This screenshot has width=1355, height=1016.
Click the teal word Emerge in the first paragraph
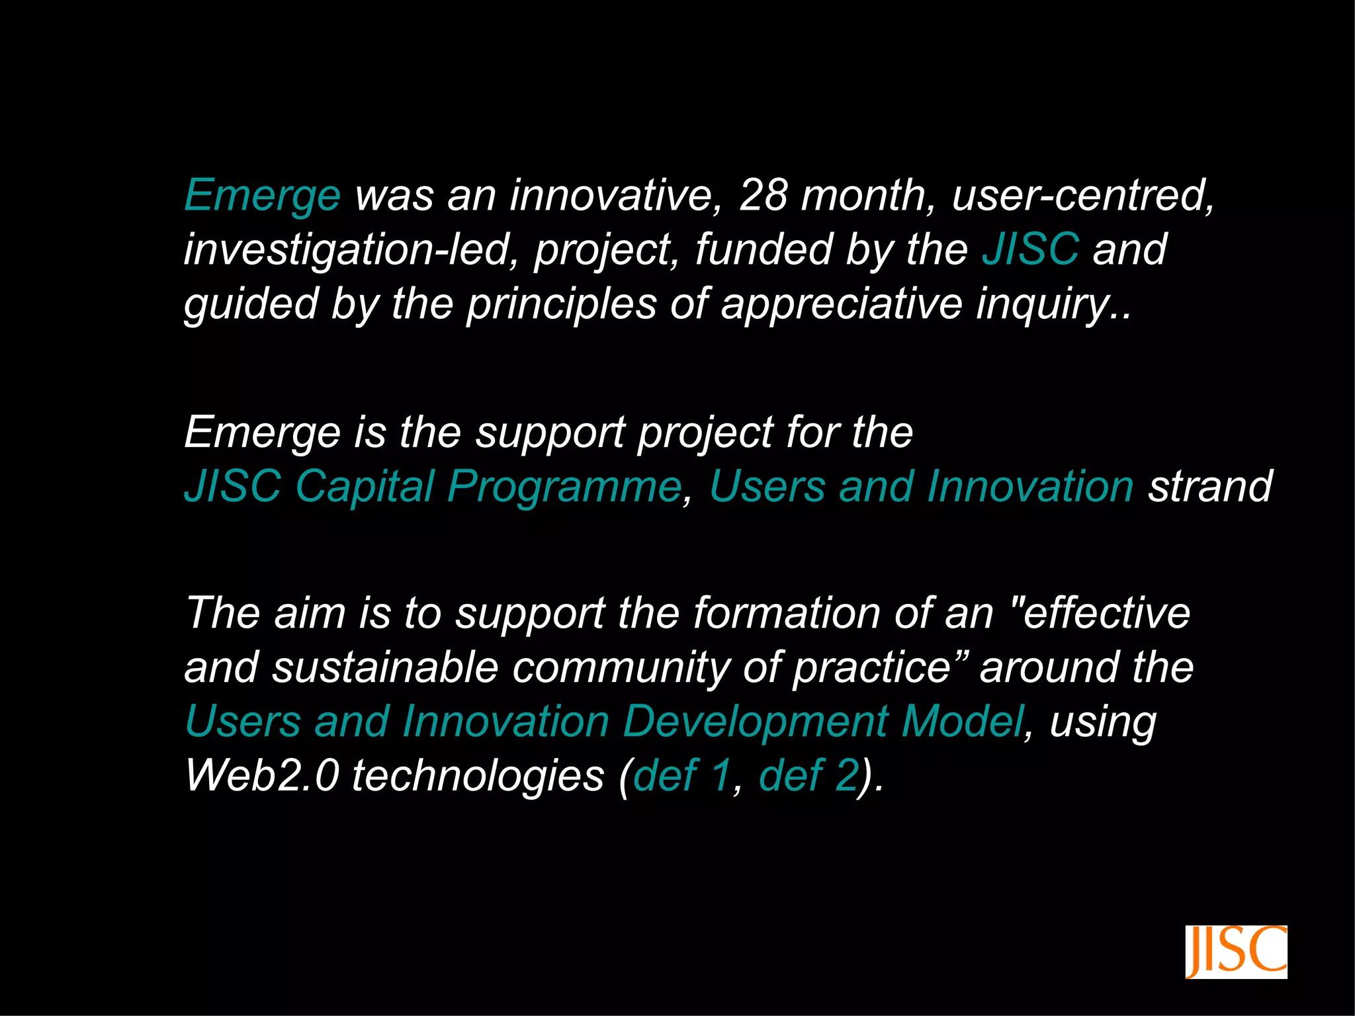click(262, 196)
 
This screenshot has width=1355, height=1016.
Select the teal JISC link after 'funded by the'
click(1030, 249)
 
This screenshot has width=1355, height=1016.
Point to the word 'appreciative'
click(841, 304)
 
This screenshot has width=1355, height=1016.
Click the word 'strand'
click(1209, 487)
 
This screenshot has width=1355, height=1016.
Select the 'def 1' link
click(681, 775)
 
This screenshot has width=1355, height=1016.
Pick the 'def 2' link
click(808, 775)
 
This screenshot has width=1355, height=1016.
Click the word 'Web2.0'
click(262, 775)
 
